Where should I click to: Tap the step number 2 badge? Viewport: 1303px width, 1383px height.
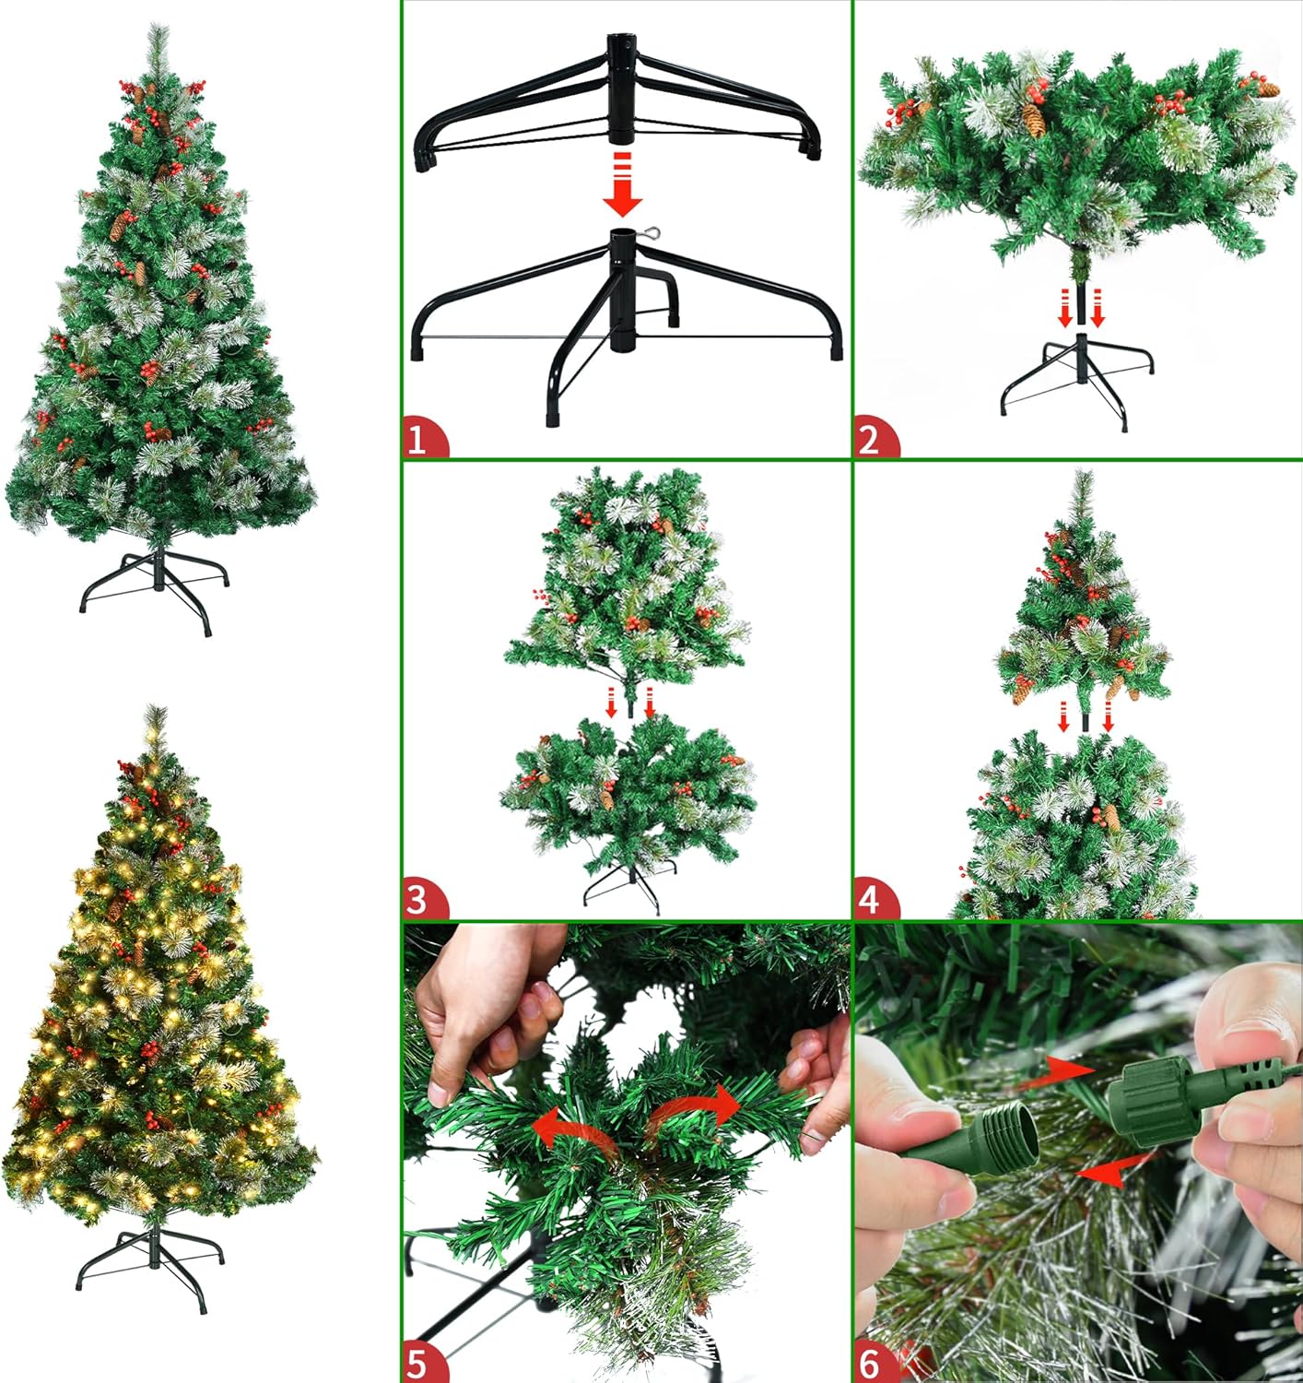coord(875,439)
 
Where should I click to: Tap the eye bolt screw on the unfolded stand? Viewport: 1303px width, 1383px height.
coord(647,233)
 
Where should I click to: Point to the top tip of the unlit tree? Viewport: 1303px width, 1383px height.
coord(158,24)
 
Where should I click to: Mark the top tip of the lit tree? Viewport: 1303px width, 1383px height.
coord(156,705)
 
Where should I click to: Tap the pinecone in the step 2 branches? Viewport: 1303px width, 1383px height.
coord(1034,120)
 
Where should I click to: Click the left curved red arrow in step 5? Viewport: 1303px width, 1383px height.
coord(570,1129)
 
